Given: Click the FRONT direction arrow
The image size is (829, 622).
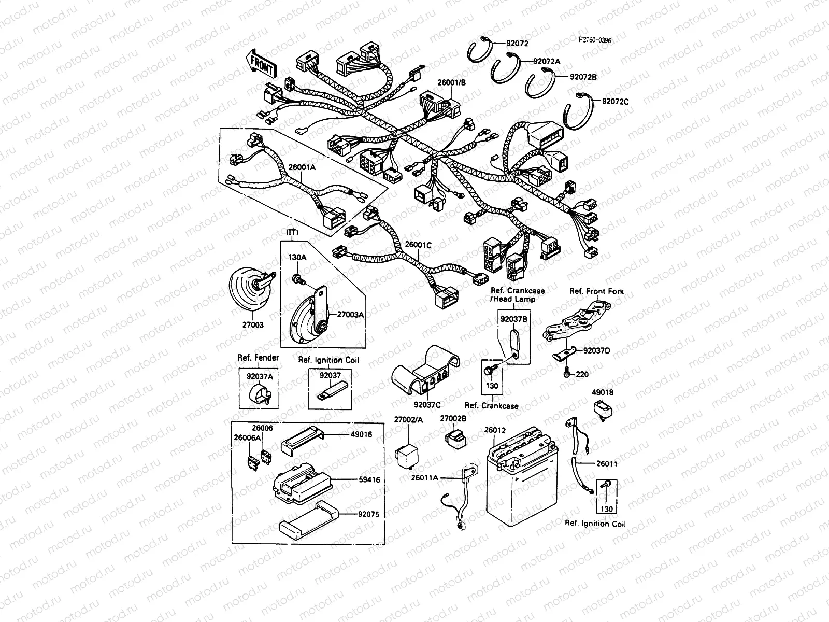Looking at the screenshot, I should [263, 64].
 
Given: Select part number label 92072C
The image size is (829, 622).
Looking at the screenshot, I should [615, 102].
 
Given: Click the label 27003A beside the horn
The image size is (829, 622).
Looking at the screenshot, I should [351, 314].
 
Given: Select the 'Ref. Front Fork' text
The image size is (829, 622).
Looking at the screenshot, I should [596, 291].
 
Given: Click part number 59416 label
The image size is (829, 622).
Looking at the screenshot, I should [369, 480].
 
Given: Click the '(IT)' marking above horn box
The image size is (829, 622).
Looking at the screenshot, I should [292, 232].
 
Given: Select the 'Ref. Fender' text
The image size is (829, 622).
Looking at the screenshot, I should [258, 358].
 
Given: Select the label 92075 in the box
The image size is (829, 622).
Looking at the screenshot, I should [369, 515].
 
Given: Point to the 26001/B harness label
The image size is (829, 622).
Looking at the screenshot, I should [452, 82].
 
